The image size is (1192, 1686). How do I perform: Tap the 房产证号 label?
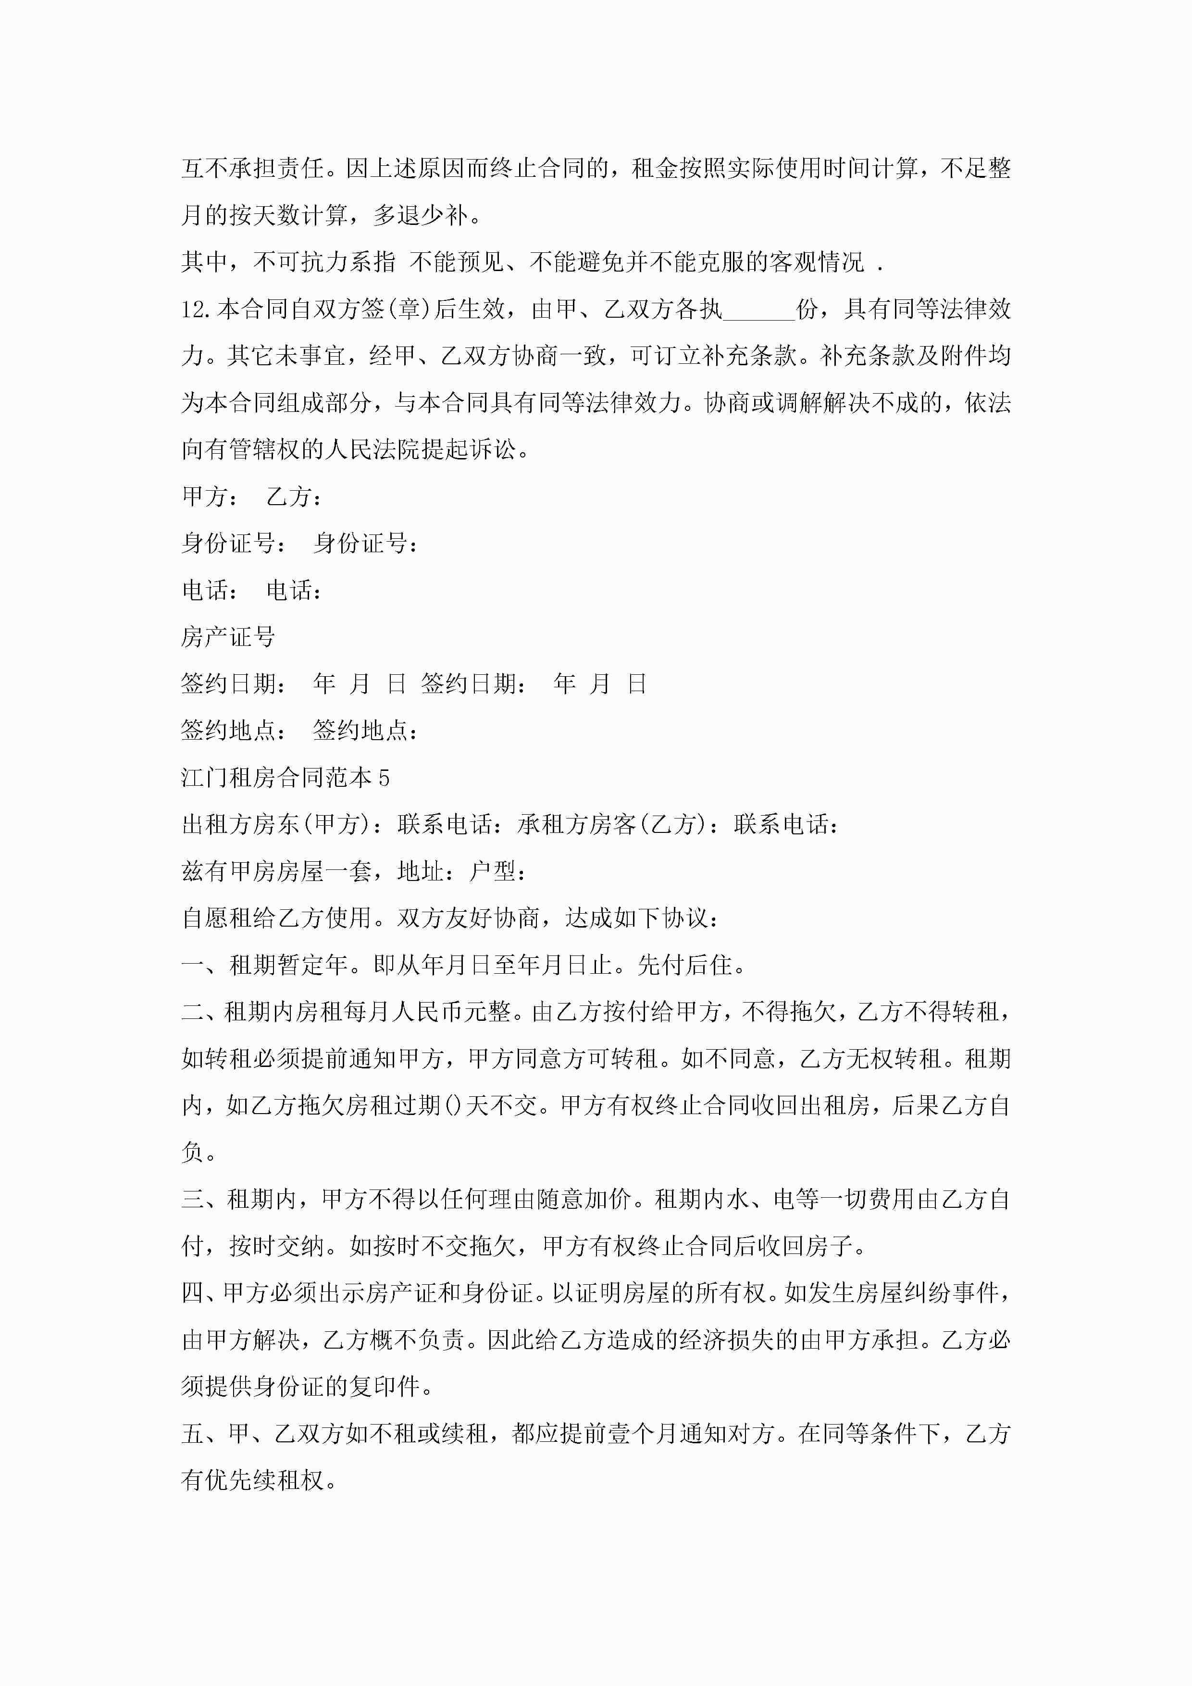tap(228, 637)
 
